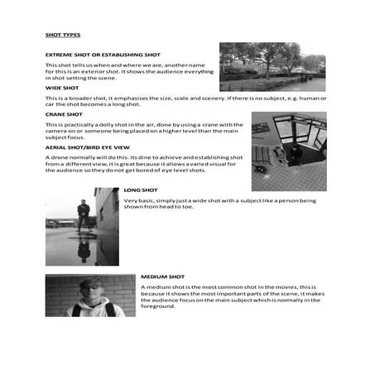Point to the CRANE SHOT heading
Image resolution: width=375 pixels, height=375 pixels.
64,114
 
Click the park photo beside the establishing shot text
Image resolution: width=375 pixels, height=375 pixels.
272,67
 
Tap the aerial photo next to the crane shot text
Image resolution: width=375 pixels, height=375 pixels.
288,151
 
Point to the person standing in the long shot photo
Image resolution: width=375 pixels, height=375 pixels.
83,217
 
